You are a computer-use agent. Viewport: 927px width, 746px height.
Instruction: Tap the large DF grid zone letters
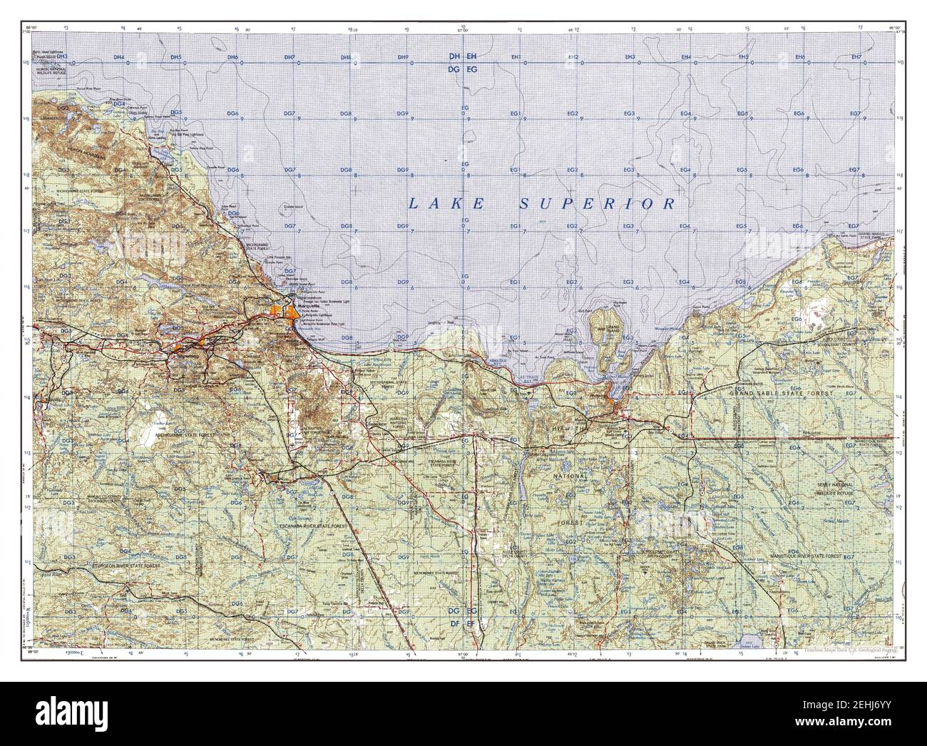[x=454, y=623]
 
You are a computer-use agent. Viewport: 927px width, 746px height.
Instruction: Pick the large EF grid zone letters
[x=472, y=623]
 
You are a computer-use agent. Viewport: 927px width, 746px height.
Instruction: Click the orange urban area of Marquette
[x=293, y=312]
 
